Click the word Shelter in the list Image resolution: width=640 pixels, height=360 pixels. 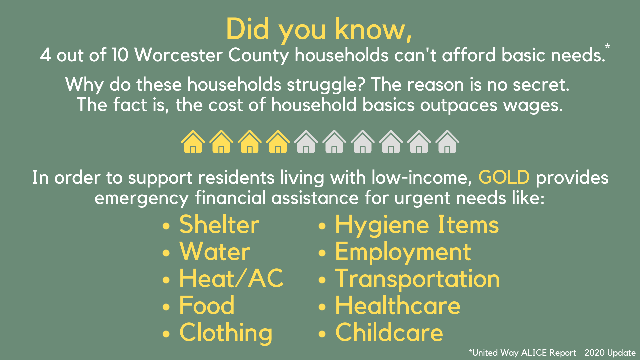(219, 225)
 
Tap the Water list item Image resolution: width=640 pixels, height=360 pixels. (215, 252)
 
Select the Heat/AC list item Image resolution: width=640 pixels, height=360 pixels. (231, 279)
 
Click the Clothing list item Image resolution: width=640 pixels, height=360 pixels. (226, 333)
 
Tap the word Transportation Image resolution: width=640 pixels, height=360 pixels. (417, 279)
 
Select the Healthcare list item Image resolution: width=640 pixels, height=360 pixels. (398, 306)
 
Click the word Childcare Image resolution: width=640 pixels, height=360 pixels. (389, 333)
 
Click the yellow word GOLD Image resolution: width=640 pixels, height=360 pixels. (504, 177)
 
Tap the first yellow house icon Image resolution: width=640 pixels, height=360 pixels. (193, 142)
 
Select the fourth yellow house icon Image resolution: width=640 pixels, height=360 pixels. (278, 142)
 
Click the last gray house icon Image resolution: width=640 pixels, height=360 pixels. (448, 142)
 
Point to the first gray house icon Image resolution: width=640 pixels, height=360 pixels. (306, 142)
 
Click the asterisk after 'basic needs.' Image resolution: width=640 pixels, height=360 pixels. (607, 47)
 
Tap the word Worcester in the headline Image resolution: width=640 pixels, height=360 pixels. (178, 55)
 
